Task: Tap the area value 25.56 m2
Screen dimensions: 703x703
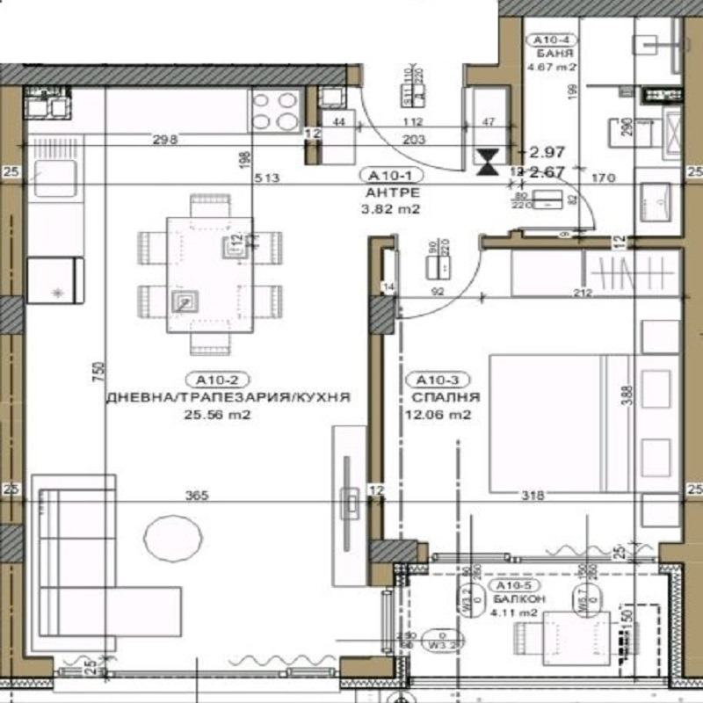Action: point(215,416)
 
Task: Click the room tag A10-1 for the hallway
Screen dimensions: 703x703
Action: point(387,175)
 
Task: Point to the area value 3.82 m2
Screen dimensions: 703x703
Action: point(388,209)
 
